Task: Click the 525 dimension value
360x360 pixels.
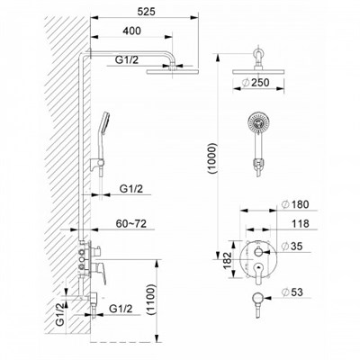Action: pos(147,12)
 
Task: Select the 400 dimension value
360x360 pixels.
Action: pos(131,31)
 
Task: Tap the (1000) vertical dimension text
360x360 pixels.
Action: pos(211,158)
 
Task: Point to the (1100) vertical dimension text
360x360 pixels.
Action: pos(152,300)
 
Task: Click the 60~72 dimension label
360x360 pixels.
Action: pos(131,223)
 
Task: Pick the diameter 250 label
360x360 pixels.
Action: pos(256,82)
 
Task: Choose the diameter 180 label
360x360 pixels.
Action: pos(295,204)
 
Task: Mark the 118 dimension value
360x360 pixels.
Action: pos(300,223)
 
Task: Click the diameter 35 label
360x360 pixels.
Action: pos(292,246)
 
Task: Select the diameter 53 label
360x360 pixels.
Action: pos(292,292)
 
